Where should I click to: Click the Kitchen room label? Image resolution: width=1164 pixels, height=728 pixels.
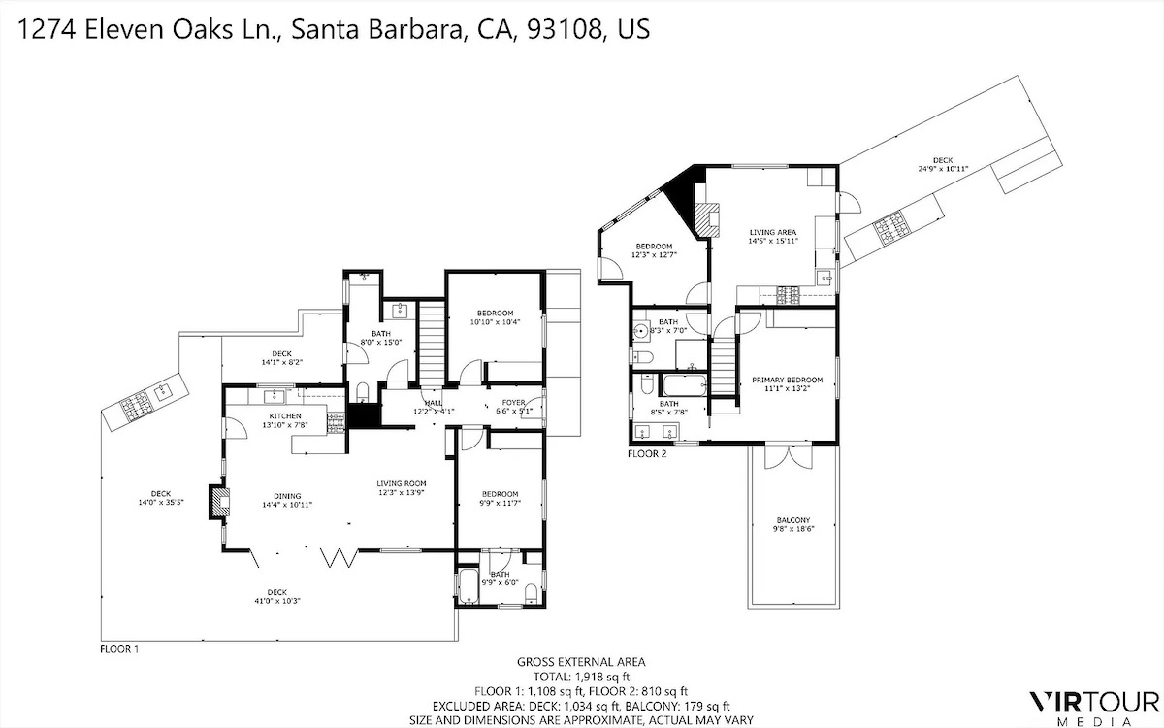tap(285, 416)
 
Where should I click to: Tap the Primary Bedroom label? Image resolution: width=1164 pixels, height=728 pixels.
tap(788, 380)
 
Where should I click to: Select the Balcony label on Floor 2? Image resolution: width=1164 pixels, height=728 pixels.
tap(793, 520)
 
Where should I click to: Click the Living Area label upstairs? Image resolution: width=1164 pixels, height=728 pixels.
tap(773, 232)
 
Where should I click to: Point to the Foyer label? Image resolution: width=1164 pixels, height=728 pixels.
tap(513, 403)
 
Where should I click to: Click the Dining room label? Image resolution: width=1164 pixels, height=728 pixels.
tap(287, 496)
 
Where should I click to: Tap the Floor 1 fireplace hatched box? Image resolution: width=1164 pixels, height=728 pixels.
tap(219, 502)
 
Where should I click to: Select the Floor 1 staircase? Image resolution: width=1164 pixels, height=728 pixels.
tap(432, 346)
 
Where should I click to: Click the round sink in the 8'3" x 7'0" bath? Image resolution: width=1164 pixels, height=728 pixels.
tap(642, 330)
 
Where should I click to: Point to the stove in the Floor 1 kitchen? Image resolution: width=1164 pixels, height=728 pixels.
tap(336, 423)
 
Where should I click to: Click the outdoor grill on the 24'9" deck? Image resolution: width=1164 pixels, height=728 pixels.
tap(889, 228)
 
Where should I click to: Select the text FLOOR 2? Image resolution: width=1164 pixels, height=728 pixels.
tap(647, 453)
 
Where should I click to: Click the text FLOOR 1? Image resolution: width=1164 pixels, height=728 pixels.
tap(119, 649)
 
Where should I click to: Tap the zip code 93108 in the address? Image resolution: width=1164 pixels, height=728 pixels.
tap(565, 29)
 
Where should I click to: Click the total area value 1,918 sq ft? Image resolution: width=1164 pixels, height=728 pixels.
tap(601, 677)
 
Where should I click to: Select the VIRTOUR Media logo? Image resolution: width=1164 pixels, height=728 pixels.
tap(1095, 709)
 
